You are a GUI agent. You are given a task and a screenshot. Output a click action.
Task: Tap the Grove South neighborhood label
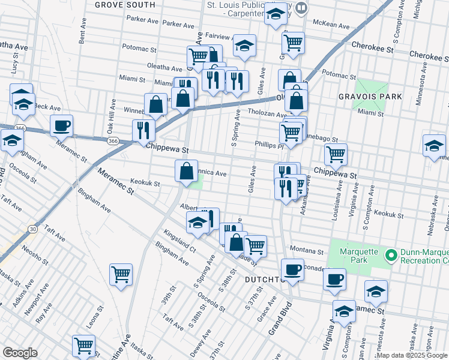point(125,5)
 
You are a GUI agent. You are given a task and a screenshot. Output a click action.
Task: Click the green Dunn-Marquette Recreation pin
point(391,256)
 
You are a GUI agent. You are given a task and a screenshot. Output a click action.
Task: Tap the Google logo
point(20,353)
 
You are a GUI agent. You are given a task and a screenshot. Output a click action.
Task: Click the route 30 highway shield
point(32,229)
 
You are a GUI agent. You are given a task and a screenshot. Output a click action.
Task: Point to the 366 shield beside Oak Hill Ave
point(113,141)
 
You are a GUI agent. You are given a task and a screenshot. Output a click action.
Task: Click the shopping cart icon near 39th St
point(121,275)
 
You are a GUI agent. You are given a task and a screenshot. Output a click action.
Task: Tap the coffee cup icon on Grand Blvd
point(292,269)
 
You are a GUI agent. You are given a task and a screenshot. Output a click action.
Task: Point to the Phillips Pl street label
point(268,145)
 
